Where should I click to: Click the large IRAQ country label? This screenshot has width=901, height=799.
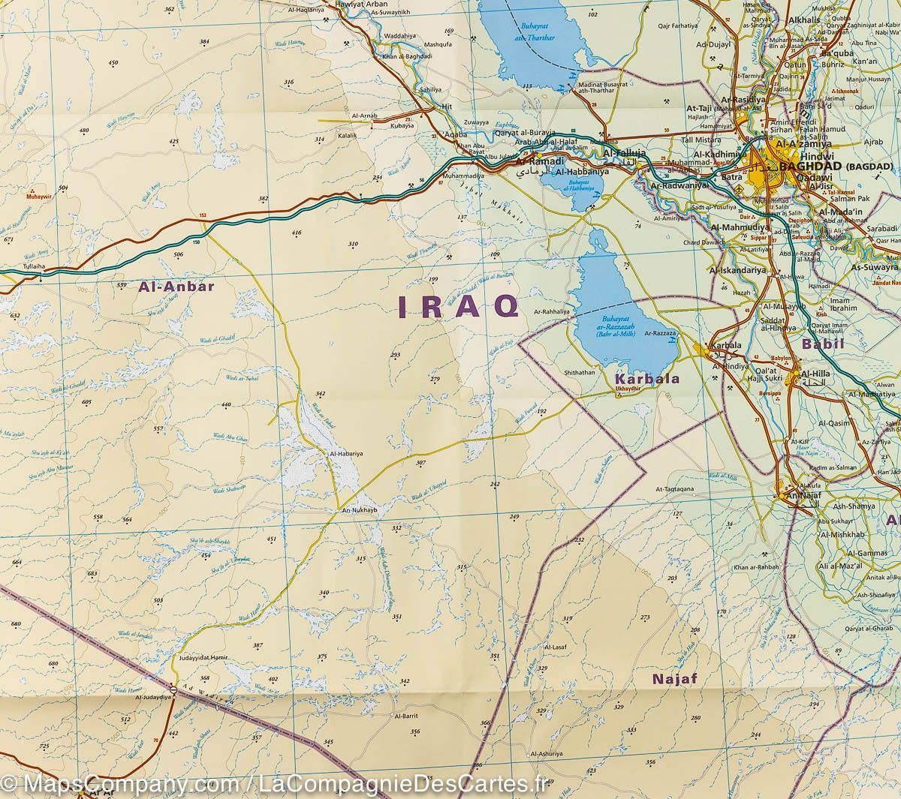pyautogui.click(x=457, y=306)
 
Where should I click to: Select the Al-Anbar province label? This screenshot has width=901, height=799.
pyautogui.click(x=176, y=286)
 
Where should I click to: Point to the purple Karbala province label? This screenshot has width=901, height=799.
pyautogui.click(x=646, y=379)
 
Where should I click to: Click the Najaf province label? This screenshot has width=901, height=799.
pyautogui.click(x=675, y=680)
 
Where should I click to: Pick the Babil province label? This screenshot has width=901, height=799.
pyautogui.click(x=823, y=344)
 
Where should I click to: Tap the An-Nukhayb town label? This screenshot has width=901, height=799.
pyautogui.click(x=357, y=511)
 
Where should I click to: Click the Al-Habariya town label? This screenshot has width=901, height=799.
pyautogui.click(x=347, y=454)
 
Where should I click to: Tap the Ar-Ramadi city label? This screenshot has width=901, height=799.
pyautogui.click(x=530, y=162)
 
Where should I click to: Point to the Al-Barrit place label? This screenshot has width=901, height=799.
pyautogui.click(x=405, y=716)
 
